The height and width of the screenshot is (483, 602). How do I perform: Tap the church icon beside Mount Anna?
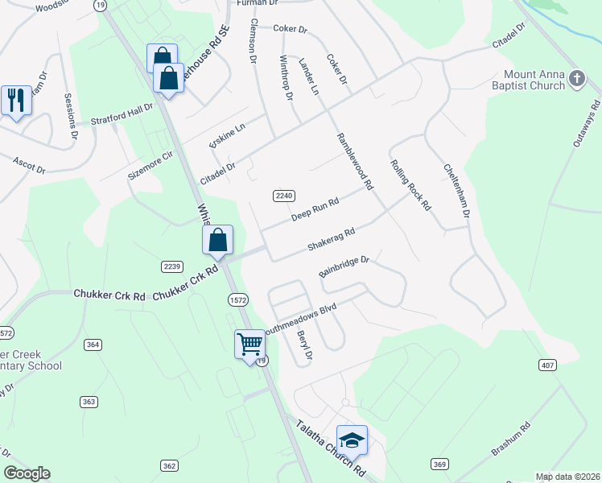(x=576, y=78)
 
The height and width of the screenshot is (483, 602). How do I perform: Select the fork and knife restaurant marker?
(x=16, y=101)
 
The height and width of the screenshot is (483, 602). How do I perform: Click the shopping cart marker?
(x=249, y=344)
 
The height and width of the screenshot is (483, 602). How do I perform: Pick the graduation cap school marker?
(x=352, y=440)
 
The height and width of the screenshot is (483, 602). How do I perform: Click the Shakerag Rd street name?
(x=331, y=240)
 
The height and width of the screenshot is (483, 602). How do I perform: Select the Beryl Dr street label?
(x=304, y=345)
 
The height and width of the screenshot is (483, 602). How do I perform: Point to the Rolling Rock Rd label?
(x=410, y=184)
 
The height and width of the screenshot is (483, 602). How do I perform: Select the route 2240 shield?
(x=284, y=196)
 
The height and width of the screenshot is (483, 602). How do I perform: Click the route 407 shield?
(x=548, y=365)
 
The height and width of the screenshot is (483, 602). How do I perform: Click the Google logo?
(x=27, y=473)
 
